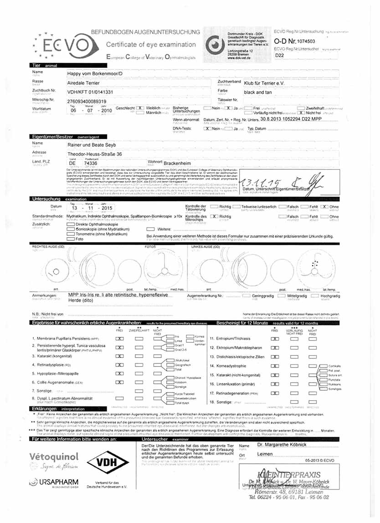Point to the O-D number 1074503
pyautogui.click(x=313, y=41)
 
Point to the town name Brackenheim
pyautogui.click(x=182, y=162)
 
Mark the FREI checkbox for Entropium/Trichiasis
pyautogui.click(x=274, y=339)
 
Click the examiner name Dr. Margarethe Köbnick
pyautogui.click(x=281, y=445)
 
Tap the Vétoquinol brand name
pyautogui.click(x=54, y=457)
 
